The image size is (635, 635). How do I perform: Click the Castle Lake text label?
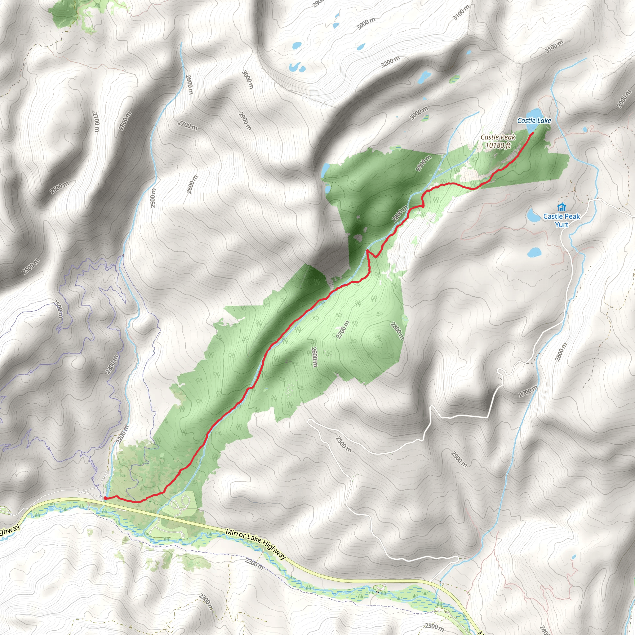pyautogui.click(x=534, y=121)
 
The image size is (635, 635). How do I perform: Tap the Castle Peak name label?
pyautogui.click(x=498, y=137)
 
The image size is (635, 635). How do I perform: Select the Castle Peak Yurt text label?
pyautogui.click(x=562, y=220)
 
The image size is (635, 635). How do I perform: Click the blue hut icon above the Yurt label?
pyautogui.click(x=562, y=207)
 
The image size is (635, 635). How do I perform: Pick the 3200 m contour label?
pyautogui.click(x=390, y=61)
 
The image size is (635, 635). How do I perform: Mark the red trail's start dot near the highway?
pyautogui.click(x=105, y=498)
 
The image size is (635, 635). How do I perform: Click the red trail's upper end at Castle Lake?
pyautogui.click(x=532, y=133)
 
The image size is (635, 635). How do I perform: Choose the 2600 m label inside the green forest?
pyautogui.click(x=314, y=357)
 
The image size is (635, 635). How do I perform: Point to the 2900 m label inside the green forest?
pyautogui.click(x=423, y=163)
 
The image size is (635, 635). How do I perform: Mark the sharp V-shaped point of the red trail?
pyautogui.click(x=367, y=251)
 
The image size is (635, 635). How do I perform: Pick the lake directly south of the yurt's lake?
pyautogui.click(x=534, y=252)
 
